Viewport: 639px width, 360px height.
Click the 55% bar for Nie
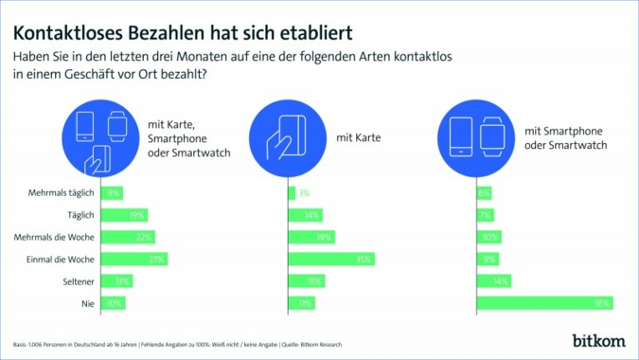point(544,303)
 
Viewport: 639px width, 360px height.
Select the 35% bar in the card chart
point(330,259)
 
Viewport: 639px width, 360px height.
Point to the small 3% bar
point(292,193)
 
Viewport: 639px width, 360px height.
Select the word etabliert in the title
point(315,31)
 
